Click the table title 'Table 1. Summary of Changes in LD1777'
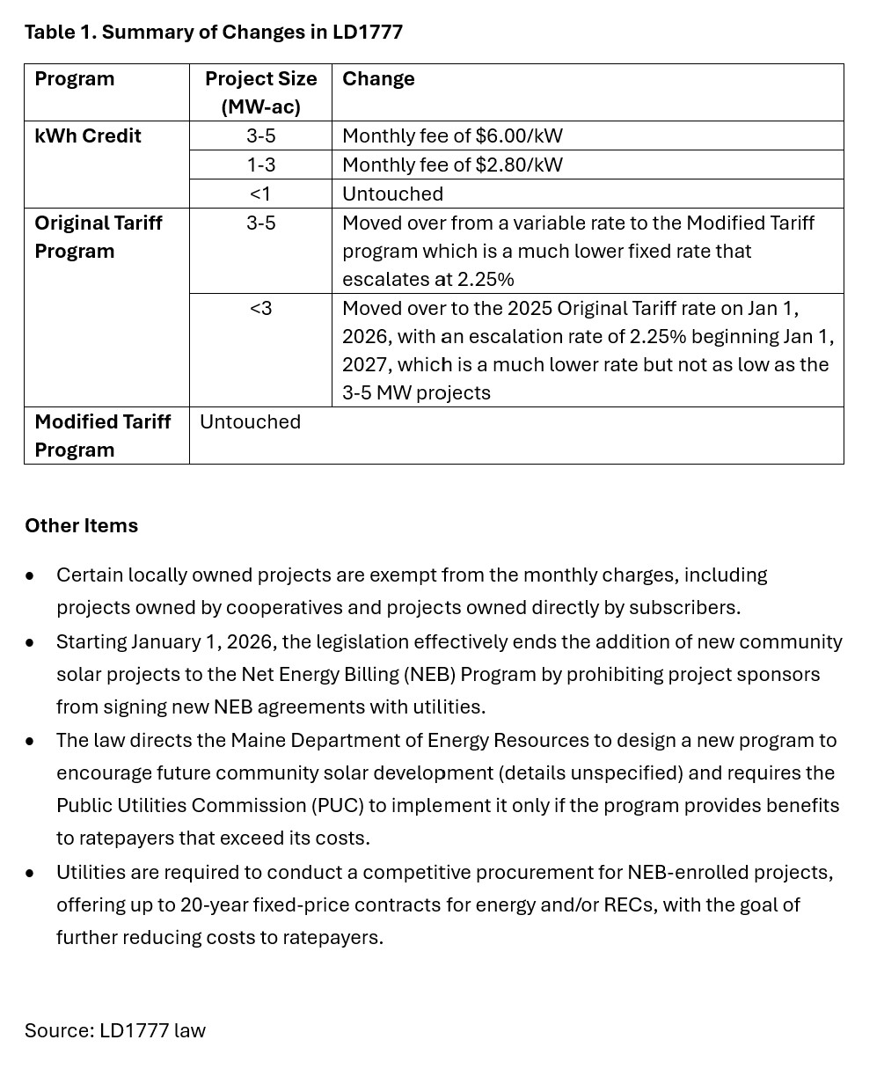click(x=213, y=33)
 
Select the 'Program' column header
click(x=75, y=79)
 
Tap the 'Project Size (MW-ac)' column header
click(x=260, y=92)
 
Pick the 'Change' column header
click(x=378, y=79)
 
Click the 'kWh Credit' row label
click(x=88, y=136)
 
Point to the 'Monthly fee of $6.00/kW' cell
click(x=452, y=136)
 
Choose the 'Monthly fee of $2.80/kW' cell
click(x=452, y=165)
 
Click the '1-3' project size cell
click(x=260, y=165)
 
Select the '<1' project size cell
click(x=260, y=194)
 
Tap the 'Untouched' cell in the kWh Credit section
click(x=392, y=194)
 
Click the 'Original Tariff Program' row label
click(x=99, y=237)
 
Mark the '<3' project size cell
click(x=260, y=309)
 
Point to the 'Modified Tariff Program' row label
click(x=103, y=436)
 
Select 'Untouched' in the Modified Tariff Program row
click(x=250, y=422)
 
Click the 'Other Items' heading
click(x=81, y=526)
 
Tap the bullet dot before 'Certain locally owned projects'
click(x=30, y=576)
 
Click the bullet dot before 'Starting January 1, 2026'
click(x=30, y=643)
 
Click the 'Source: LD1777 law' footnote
click(x=115, y=1031)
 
